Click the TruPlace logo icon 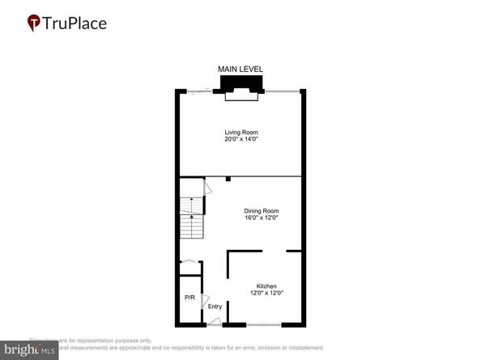[x=35, y=23]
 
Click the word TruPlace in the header [x=74, y=23]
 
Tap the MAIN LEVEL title [x=240, y=70]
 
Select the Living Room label [x=240, y=132]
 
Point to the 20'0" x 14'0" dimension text [x=240, y=139]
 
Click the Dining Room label [x=262, y=210]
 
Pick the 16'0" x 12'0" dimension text [x=262, y=218]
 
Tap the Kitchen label [x=267, y=287]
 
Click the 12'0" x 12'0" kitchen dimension [x=267, y=294]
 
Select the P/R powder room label [x=189, y=298]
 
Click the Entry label [x=215, y=306]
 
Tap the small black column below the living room [x=229, y=179]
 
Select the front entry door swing [x=214, y=321]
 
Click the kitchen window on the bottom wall [x=264, y=324]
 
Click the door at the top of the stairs [x=207, y=187]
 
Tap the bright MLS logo [x=29, y=349]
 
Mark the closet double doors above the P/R [x=189, y=261]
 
